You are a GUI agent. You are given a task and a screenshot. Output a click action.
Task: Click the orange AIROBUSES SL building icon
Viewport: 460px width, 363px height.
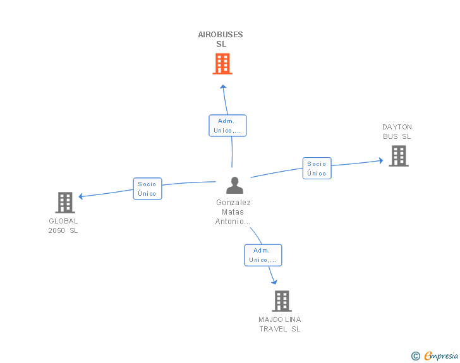(x=222, y=64)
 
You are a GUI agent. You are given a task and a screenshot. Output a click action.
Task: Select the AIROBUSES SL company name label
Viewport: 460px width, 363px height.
(x=221, y=39)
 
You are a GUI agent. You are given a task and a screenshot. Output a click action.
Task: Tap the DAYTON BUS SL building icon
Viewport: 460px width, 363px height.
(x=398, y=156)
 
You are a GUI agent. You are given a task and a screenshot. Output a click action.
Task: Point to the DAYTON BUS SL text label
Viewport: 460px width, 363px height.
(x=397, y=131)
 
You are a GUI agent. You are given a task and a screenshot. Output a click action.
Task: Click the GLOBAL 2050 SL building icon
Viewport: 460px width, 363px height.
(x=65, y=203)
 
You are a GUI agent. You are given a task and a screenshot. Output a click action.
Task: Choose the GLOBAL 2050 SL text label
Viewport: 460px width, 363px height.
(x=63, y=226)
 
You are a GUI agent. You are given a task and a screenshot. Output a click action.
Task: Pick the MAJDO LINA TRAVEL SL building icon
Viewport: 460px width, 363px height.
(x=281, y=301)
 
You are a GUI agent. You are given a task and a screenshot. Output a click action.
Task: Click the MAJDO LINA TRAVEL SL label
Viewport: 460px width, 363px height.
(x=280, y=324)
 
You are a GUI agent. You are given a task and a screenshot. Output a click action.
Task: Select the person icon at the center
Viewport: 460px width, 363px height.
(x=234, y=186)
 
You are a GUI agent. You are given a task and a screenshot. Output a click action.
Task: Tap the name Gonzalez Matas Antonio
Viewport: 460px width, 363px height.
(x=233, y=212)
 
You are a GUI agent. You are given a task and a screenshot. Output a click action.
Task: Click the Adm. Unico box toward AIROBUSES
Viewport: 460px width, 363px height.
(x=227, y=126)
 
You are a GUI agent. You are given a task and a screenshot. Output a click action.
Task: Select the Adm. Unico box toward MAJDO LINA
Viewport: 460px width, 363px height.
(x=263, y=255)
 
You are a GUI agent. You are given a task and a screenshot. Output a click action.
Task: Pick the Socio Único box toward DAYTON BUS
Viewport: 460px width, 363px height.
(x=317, y=169)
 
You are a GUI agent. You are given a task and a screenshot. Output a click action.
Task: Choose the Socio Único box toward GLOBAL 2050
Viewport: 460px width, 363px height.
(x=147, y=189)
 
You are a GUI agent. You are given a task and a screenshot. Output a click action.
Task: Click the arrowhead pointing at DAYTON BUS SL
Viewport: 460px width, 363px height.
(x=380, y=160)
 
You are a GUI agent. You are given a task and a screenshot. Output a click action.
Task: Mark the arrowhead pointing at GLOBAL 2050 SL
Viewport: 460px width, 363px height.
(x=81, y=196)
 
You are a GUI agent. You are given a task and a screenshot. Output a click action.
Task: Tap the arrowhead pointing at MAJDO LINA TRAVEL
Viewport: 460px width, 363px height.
(x=275, y=282)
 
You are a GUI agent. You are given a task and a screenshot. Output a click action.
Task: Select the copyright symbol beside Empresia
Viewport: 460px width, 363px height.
(x=416, y=356)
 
